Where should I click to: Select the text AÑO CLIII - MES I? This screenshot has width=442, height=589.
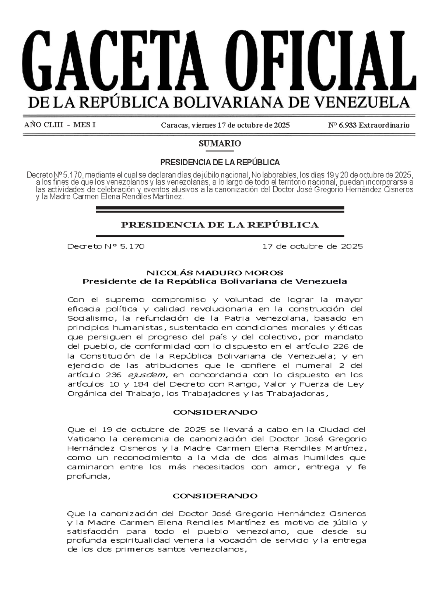[60, 124]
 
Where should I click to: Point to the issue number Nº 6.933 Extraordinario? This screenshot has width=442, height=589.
[369, 125]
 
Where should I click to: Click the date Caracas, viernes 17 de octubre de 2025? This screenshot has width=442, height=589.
[225, 125]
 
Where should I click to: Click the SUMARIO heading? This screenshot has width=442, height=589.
[220, 144]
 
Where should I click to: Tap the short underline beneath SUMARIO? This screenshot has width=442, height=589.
[220, 151]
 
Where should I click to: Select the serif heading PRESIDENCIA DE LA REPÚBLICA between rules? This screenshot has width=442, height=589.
[220, 225]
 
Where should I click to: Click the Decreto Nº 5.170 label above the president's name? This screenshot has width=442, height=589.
[106, 246]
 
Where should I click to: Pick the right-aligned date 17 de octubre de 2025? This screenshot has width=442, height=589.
[312, 246]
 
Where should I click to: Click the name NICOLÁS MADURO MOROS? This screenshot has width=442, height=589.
[215, 273]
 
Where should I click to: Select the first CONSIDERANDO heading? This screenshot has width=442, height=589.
[215, 412]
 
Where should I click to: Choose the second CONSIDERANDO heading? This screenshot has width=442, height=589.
[215, 496]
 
